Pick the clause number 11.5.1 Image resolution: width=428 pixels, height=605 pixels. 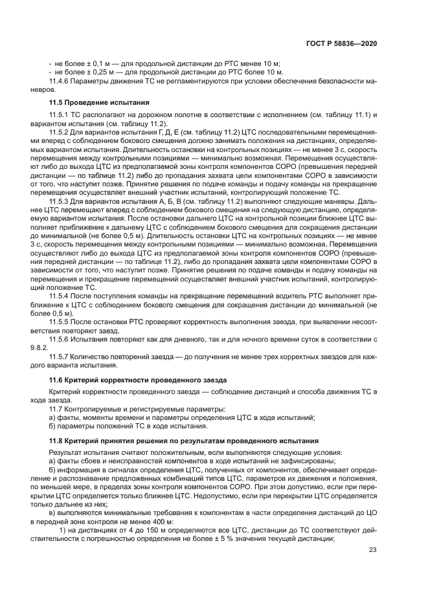click(x=62, y=115)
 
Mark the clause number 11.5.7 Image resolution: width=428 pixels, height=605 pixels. click(x=62, y=357)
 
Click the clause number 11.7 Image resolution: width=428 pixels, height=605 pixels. click(x=58, y=409)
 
